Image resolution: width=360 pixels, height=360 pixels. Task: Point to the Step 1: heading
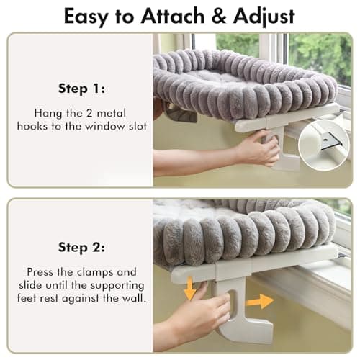[x=80, y=89]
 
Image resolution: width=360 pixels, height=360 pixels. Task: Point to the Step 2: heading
[x=80, y=248]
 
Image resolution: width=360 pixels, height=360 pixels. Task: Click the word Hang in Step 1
[x=45, y=113]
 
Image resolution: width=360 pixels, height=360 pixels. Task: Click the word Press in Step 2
[x=41, y=273]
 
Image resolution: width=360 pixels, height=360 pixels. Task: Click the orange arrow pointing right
[x=260, y=300]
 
